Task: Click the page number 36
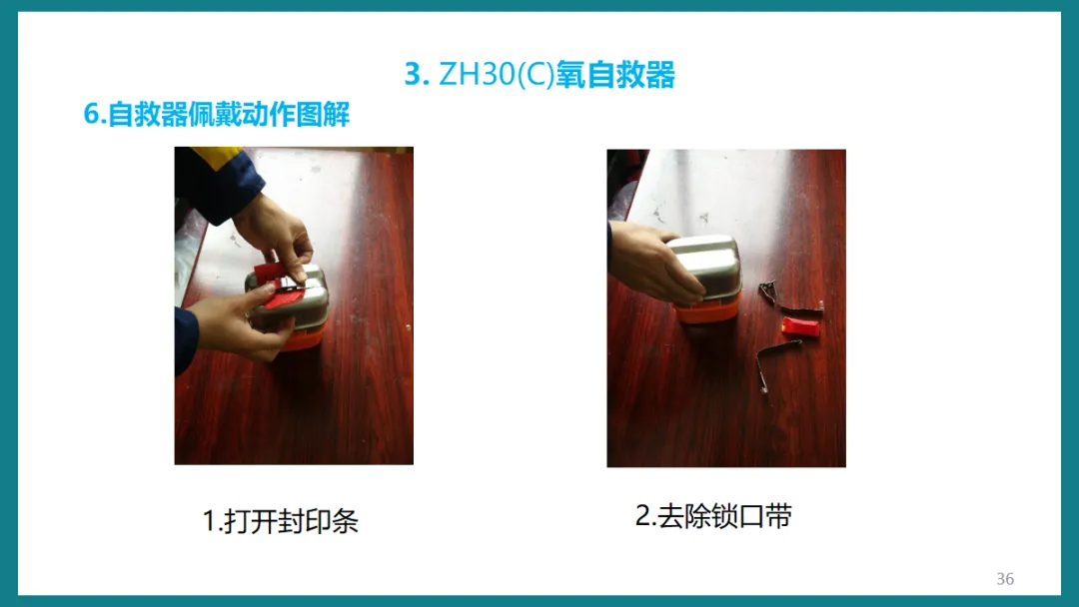(x=1005, y=579)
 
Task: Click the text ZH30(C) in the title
(x=497, y=74)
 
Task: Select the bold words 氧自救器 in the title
(x=615, y=74)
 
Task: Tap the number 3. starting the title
(x=417, y=74)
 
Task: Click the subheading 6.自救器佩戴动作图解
(x=217, y=114)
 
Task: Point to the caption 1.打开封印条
(x=281, y=521)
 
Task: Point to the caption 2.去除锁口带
(x=713, y=515)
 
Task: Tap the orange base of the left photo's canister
(x=303, y=339)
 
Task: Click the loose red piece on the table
(x=801, y=326)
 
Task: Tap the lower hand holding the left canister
(x=238, y=323)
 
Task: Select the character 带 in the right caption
(x=779, y=515)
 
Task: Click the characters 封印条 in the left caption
(x=320, y=521)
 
